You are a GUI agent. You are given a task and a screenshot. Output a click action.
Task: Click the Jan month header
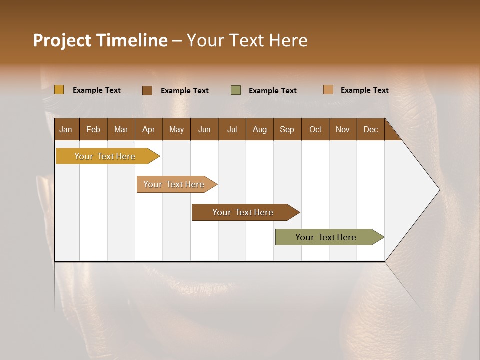pyautogui.click(x=66, y=129)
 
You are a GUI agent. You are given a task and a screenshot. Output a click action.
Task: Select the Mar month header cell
pyautogui.click(x=121, y=129)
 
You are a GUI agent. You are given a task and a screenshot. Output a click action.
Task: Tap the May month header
pyautogui.click(x=176, y=129)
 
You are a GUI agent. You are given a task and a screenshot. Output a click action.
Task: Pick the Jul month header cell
pyautogui.click(x=232, y=129)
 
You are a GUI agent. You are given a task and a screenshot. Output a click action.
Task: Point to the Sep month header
pyautogui.click(x=287, y=129)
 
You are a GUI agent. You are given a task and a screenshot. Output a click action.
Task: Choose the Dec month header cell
pyautogui.click(x=370, y=129)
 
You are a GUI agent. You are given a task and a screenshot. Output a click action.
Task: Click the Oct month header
pyautogui.click(x=315, y=129)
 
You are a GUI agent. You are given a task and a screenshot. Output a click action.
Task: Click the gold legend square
pyautogui.click(x=59, y=90)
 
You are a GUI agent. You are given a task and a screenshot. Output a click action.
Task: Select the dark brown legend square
pyautogui.click(x=147, y=90)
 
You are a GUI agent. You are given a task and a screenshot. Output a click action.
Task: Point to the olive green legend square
pyautogui.click(x=236, y=90)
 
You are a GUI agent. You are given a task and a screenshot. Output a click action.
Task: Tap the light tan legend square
pyautogui.click(x=328, y=90)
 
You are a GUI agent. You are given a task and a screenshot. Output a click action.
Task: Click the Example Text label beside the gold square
pyautogui.click(x=97, y=90)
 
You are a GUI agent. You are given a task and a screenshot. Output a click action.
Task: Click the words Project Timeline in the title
pyautogui.click(x=100, y=40)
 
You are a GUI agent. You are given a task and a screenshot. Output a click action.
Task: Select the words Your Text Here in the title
pyautogui.click(x=247, y=40)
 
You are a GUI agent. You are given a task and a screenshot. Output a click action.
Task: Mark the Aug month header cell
pyautogui.click(x=259, y=129)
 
